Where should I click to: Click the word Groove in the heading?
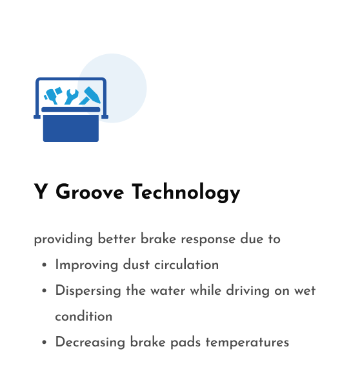tap(90, 192)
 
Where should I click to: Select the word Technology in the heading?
tap(186, 192)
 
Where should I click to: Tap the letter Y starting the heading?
tap(41, 192)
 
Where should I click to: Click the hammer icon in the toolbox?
tap(90, 95)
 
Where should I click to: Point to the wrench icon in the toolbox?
tap(72, 97)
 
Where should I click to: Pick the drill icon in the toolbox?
tap(53, 95)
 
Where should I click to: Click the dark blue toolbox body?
tap(71, 128)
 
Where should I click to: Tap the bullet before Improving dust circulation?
tap(45, 265)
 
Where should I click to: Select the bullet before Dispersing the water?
tap(45, 291)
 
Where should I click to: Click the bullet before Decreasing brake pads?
tap(45, 343)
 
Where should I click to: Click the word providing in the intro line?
tap(63, 239)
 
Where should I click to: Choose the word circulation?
tap(186, 264)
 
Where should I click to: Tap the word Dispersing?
tap(88, 291)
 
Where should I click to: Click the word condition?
tap(84, 316)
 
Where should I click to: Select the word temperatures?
tap(247, 343)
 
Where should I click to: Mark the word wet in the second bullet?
tap(305, 291)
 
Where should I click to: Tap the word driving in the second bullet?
tap(248, 291)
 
